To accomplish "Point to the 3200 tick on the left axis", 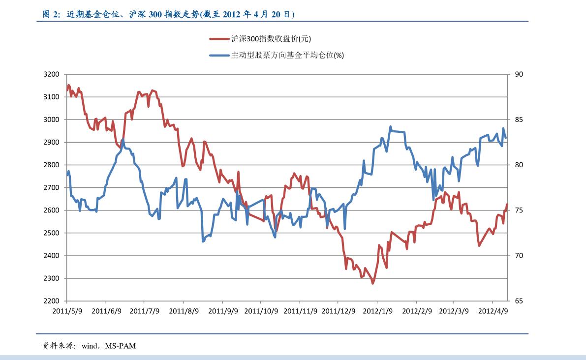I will click(51, 74).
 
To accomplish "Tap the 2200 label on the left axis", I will click(51, 301).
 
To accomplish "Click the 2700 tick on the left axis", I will click(51, 187).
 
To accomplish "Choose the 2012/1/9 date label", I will click(378, 311).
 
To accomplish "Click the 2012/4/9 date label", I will click(493, 311).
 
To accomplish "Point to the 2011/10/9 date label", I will click(261, 311).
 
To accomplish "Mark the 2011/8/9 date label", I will click(184, 311).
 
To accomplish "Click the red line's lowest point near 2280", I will click(373, 283).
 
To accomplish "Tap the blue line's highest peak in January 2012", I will click(391, 126).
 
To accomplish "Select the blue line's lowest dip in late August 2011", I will click(203, 241).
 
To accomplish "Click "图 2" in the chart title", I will click(51, 15).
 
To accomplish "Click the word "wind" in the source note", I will click(90, 346).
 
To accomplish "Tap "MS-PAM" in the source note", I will click(120, 346).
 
